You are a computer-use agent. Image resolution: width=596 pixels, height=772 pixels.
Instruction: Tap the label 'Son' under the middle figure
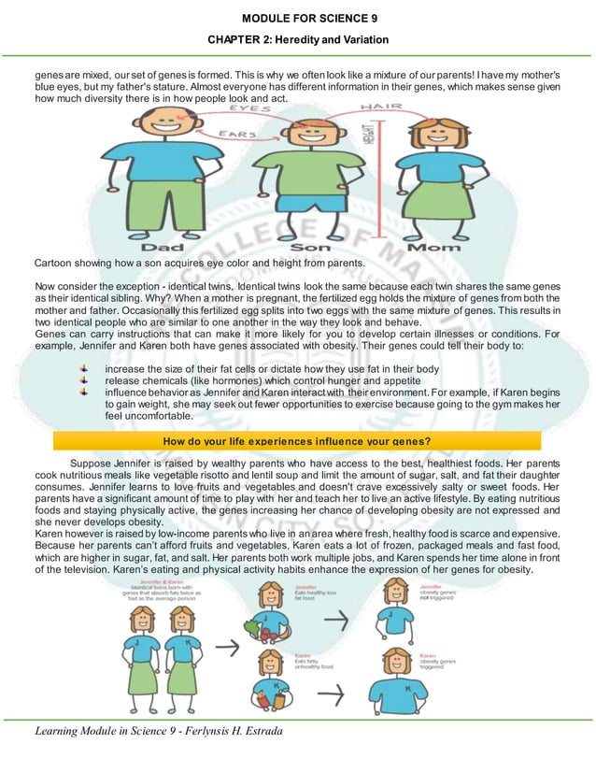coord(312,250)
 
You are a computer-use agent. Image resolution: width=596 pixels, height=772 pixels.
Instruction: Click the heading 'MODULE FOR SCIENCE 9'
coord(296,18)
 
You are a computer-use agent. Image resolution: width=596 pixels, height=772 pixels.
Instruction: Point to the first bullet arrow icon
coord(85,371)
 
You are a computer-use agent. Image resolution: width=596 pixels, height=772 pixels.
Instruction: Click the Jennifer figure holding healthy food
coord(265,618)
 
